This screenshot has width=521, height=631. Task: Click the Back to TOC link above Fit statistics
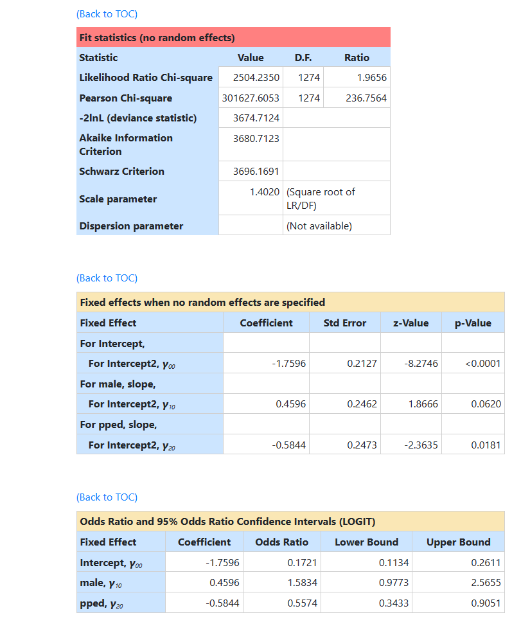[107, 14]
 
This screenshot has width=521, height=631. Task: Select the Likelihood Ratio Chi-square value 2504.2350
[256, 78]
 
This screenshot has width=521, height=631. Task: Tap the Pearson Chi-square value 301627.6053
[251, 98]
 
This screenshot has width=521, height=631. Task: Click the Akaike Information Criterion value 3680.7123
[256, 138]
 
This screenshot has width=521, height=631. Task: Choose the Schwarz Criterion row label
[121, 172]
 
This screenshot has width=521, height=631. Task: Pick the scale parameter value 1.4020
[264, 192]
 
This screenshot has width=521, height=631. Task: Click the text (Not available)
[319, 226]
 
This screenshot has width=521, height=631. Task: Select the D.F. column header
[303, 58]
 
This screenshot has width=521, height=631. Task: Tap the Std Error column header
[345, 323]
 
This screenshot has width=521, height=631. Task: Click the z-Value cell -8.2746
[421, 364]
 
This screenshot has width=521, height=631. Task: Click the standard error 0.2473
[362, 445]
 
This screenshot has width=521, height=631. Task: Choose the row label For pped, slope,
[118, 425]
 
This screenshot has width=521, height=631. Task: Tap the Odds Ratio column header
[281, 542]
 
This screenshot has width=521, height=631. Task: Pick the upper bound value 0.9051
[476, 603]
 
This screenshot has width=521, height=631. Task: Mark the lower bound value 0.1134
[393, 563]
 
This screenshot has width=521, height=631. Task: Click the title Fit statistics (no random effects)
[157, 38]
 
